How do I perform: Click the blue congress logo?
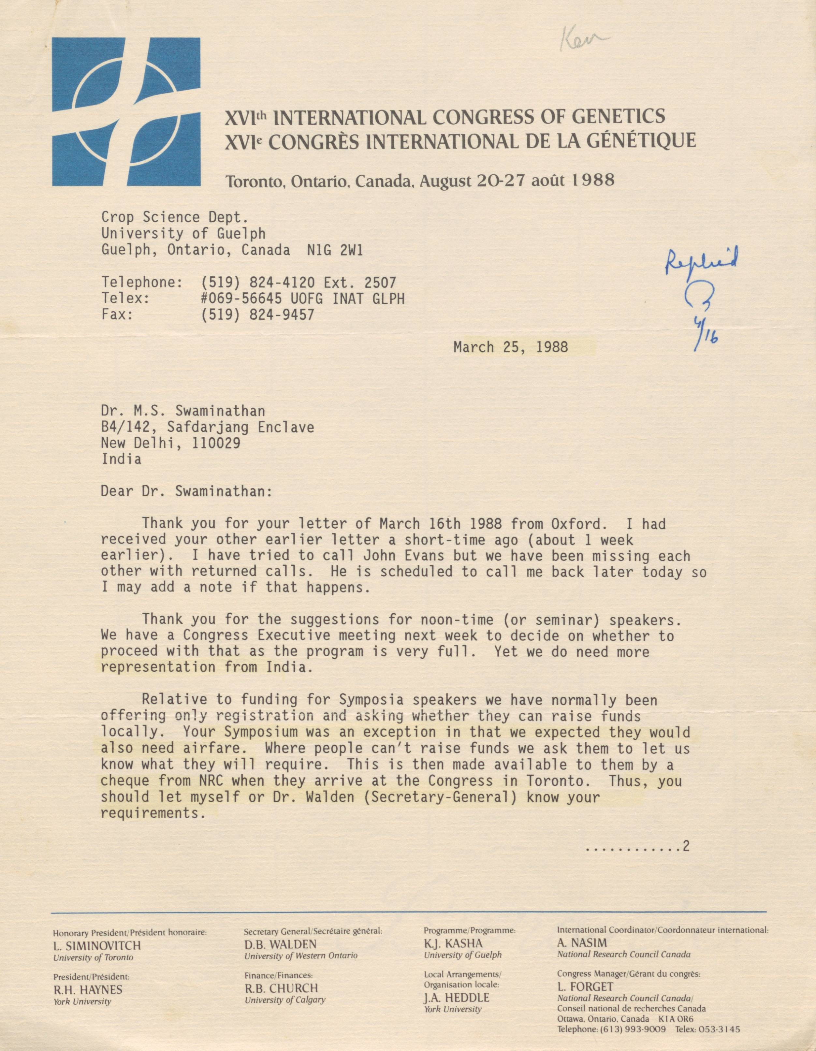tap(126, 112)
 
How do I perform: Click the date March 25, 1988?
tap(510, 347)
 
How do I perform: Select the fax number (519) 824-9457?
tap(257, 315)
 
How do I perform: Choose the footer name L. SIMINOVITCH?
tap(97, 946)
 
